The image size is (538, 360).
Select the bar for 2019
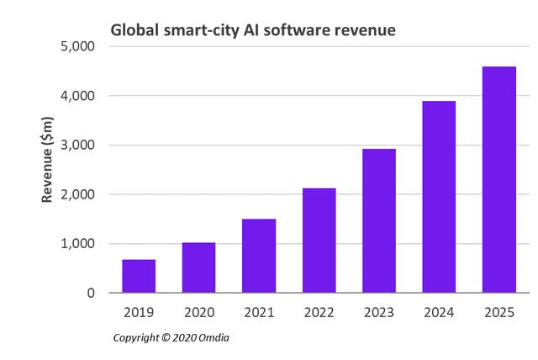point(139,276)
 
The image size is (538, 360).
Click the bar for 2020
point(198,267)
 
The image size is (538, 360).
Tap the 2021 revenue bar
point(259,256)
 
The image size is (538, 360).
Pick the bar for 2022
point(319,241)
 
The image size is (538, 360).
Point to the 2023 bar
point(379,220)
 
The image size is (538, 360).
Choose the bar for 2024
point(439,197)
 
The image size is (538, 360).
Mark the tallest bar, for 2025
point(499,179)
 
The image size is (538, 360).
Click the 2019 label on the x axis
point(139,312)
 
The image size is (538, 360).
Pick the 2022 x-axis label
point(319,312)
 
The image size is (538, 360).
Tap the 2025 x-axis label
point(499,312)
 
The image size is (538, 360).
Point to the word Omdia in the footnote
point(214,337)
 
